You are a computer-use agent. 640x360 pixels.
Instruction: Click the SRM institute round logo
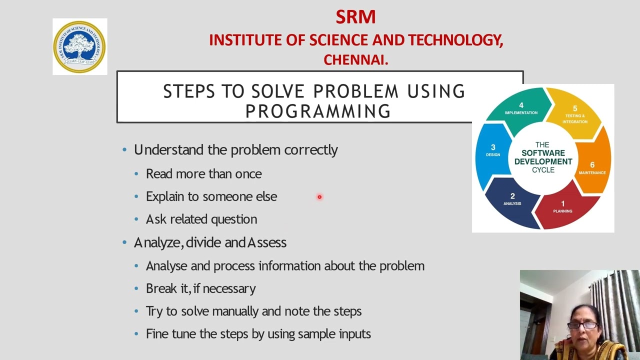[x=79, y=46]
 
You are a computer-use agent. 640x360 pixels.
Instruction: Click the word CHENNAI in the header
[x=355, y=60]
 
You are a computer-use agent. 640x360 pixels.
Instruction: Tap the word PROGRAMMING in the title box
[x=318, y=111]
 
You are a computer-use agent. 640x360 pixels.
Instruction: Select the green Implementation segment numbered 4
[x=520, y=108]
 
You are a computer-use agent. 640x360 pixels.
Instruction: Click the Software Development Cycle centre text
[x=543, y=157]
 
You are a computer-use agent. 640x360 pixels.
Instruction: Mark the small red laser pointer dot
[x=319, y=197]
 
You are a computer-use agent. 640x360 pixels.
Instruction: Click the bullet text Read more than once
[x=203, y=174]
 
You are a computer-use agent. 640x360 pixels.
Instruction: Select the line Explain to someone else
[x=211, y=196]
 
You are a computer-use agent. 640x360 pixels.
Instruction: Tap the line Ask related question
[x=201, y=219]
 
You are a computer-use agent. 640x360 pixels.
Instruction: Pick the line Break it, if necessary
[x=200, y=288]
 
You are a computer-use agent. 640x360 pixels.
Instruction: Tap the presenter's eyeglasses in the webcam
[x=582, y=325]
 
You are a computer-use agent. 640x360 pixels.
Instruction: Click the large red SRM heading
[x=355, y=17]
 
